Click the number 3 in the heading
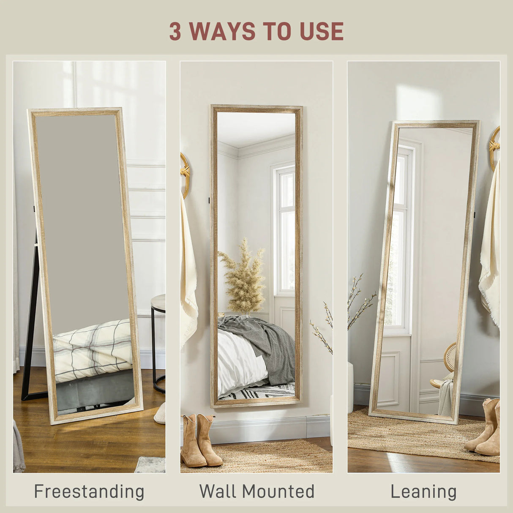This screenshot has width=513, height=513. pos(175,31)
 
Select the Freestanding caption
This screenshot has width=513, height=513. pos(89,491)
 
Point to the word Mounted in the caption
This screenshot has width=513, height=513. pos(278,491)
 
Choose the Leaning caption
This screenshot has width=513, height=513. pos(423,491)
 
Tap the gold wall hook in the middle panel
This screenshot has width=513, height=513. pos(185,173)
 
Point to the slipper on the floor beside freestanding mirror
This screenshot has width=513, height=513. pos(160,414)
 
